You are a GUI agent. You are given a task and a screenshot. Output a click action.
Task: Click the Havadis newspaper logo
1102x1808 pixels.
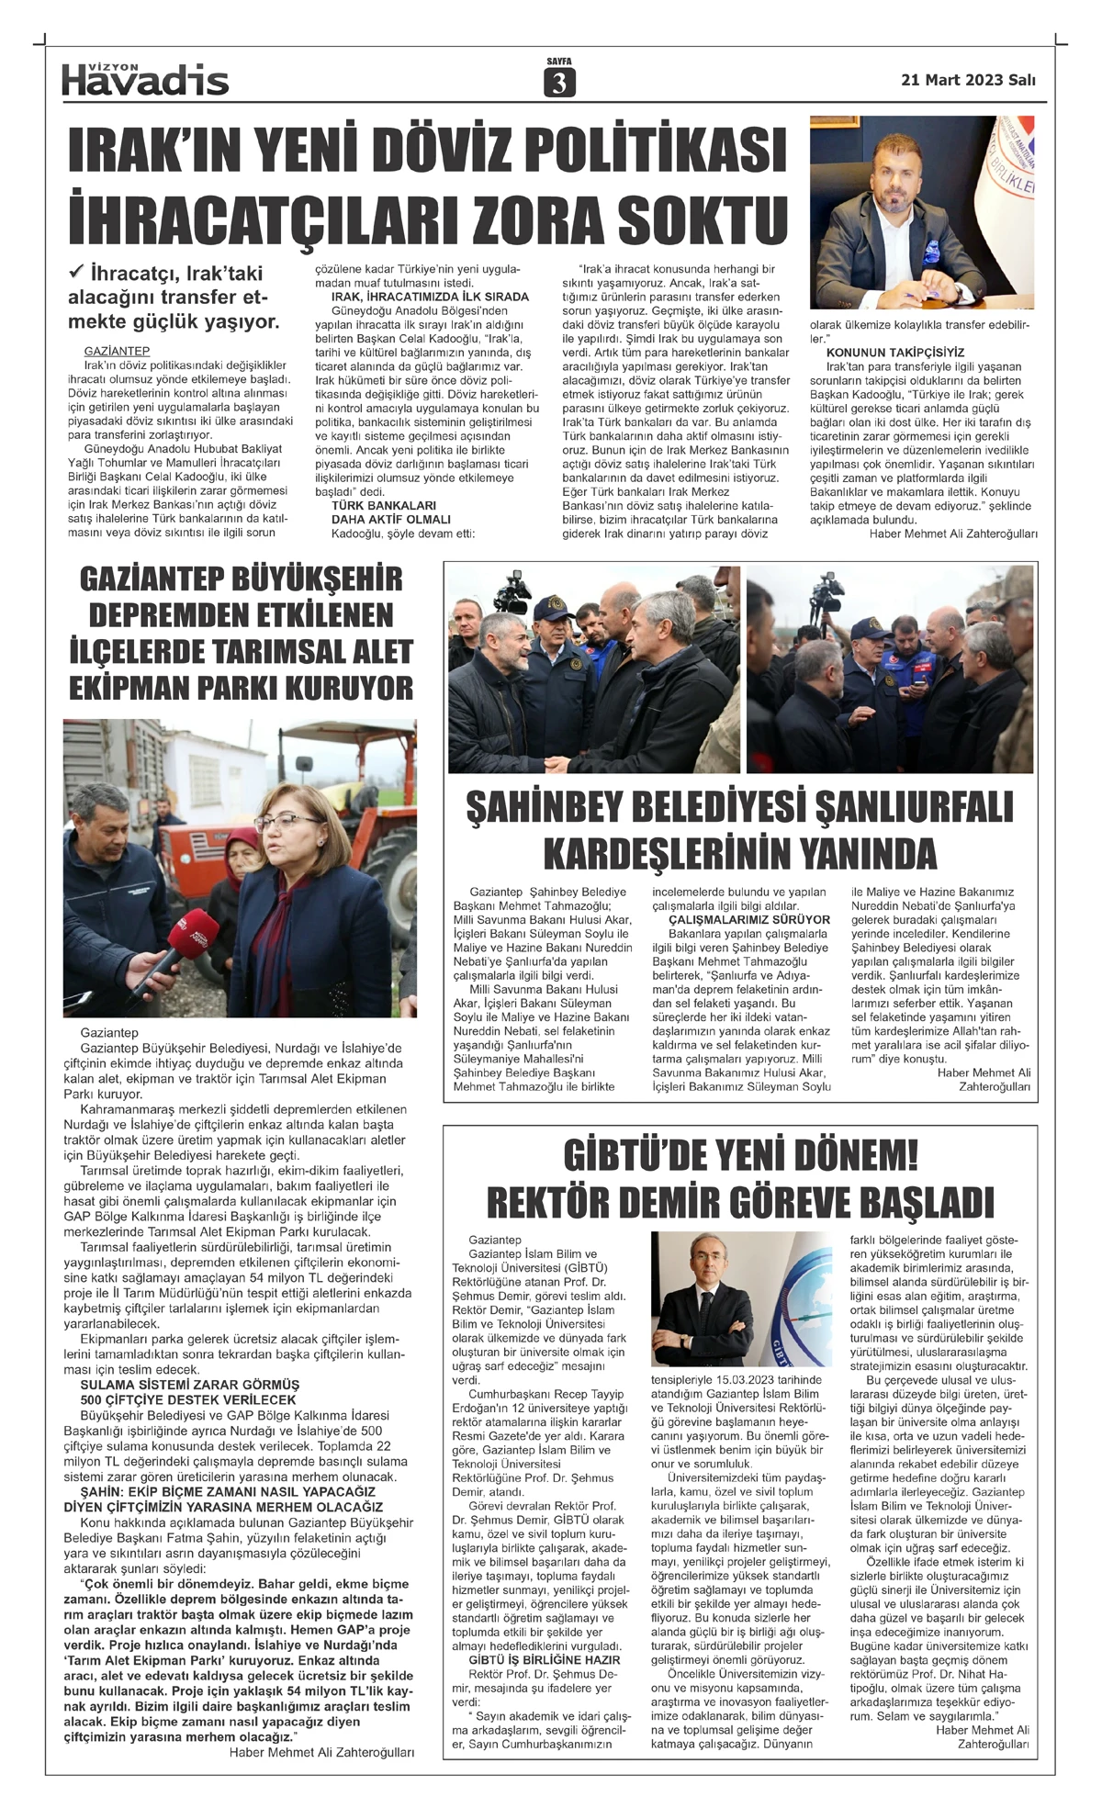pyautogui.click(x=145, y=80)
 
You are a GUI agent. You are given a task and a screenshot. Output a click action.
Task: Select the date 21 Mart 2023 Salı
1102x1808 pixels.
pyautogui.click(x=968, y=80)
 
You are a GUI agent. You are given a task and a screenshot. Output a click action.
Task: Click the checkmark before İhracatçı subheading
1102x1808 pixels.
pyautogui.click(x=77, y=272)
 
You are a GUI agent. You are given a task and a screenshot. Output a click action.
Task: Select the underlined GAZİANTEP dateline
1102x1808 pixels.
pyautogui.click(x=117, y=351)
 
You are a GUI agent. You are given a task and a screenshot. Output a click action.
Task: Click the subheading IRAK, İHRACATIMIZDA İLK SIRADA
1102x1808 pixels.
pyautogui.click(x=430, y=297)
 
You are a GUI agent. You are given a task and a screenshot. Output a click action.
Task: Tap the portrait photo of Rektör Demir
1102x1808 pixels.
pyautogui.click(x=742, y=1301)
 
